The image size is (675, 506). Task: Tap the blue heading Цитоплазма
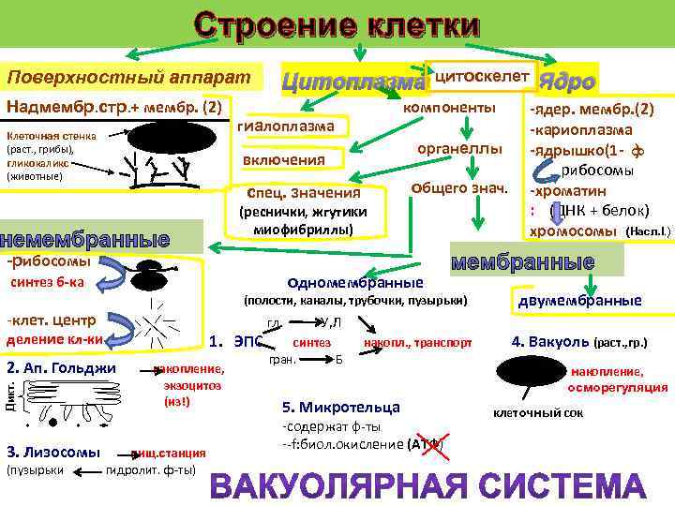[352, 82]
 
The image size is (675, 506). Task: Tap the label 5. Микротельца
[341, 407]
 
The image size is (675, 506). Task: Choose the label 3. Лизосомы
[53, 452]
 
